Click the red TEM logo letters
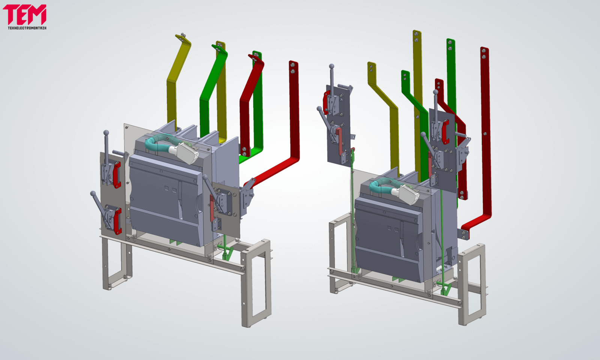tap(25, 15)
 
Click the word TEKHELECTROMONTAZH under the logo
tap(27, 28)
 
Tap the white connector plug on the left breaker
tap(187, 153)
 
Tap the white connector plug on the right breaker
tap(408, 195)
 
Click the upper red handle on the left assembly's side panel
tap(117, 175)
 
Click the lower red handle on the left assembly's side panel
tap(117, 221)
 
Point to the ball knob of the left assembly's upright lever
tap(106, 133)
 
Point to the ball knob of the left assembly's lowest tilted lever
tap(93, 193)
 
